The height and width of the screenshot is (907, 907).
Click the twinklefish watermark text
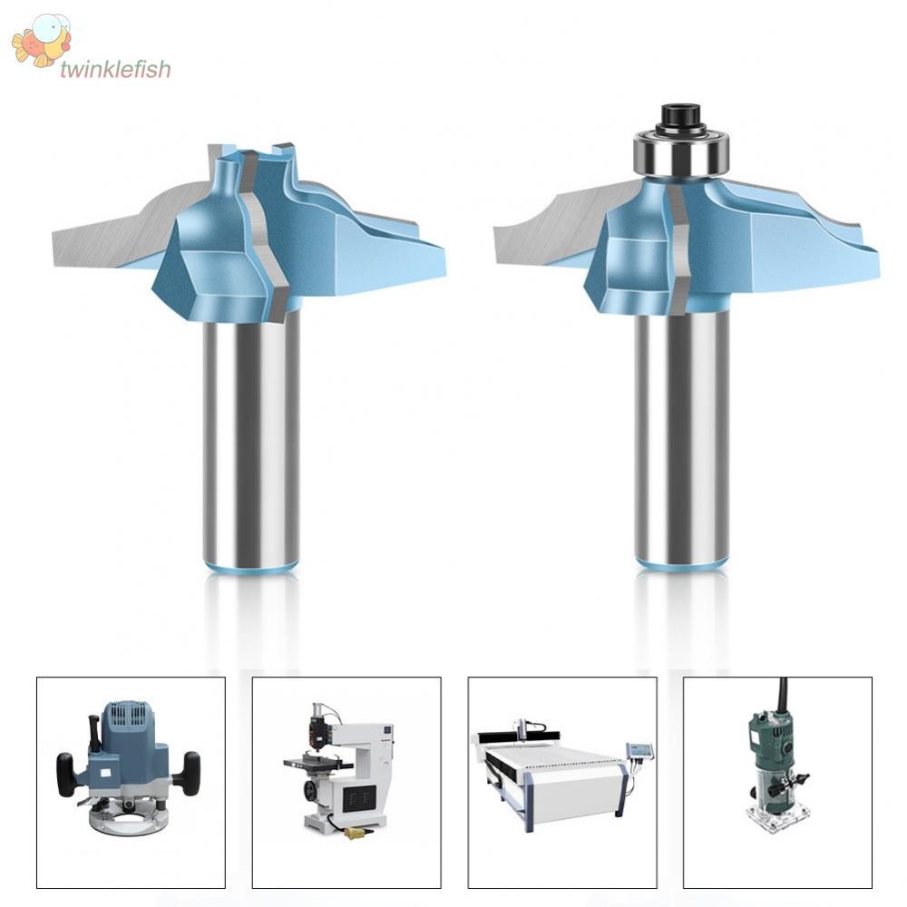point(114,70)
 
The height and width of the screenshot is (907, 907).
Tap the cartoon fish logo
point(42,42)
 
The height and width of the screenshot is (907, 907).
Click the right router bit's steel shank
point(681,435)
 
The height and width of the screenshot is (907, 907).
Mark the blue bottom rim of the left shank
point(251,569)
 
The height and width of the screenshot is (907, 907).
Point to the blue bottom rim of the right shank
point(681,564)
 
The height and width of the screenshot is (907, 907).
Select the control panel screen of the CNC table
point(640,751)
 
